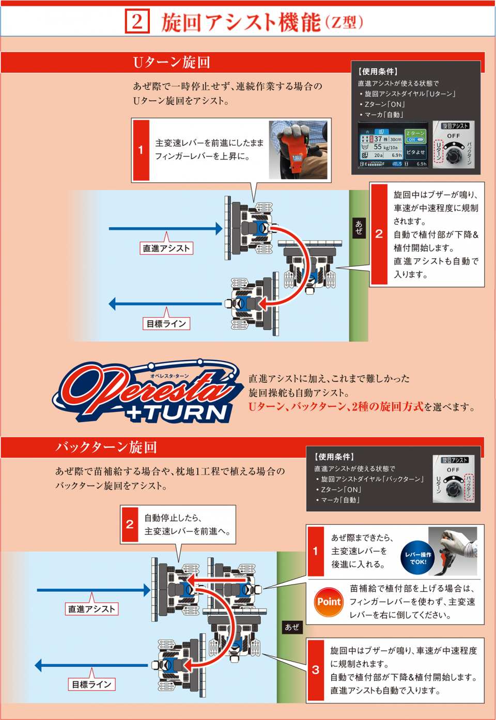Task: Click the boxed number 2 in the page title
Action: pos(137,22)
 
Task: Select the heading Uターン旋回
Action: pos(172,62)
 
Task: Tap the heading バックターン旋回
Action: pos(106,447)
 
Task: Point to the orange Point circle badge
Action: pos(329,602)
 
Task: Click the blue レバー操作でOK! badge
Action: pos(418,558)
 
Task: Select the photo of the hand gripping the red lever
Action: pos(298,150)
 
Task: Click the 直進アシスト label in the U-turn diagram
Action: pos(166,248)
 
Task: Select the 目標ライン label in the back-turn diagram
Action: pos(91,684)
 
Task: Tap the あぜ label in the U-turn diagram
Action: pos(359,227)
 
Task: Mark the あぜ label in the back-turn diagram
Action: pos(292,627)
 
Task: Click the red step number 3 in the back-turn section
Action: pos(316,670)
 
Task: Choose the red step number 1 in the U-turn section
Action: pos(141,150)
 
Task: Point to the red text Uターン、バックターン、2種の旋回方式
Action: pos(336,407)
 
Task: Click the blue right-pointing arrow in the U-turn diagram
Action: pos(165,228)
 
